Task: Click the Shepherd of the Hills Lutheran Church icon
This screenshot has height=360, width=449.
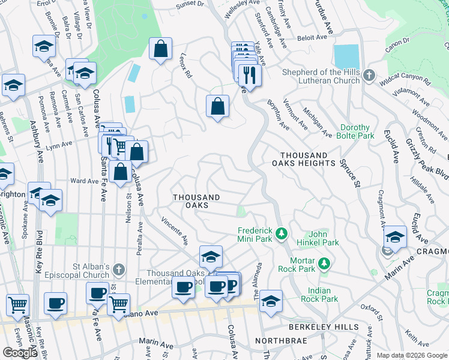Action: point(369,76)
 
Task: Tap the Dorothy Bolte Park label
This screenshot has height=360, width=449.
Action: point(357,131)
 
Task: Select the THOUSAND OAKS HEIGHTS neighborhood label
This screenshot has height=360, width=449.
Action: point(303,159)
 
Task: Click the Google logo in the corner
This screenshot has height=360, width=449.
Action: point(20,353)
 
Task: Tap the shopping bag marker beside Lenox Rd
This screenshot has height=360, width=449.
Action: point(161,50)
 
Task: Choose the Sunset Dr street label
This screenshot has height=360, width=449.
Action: point(190,5)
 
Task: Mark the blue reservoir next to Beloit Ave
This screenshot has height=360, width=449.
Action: point(346,57)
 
